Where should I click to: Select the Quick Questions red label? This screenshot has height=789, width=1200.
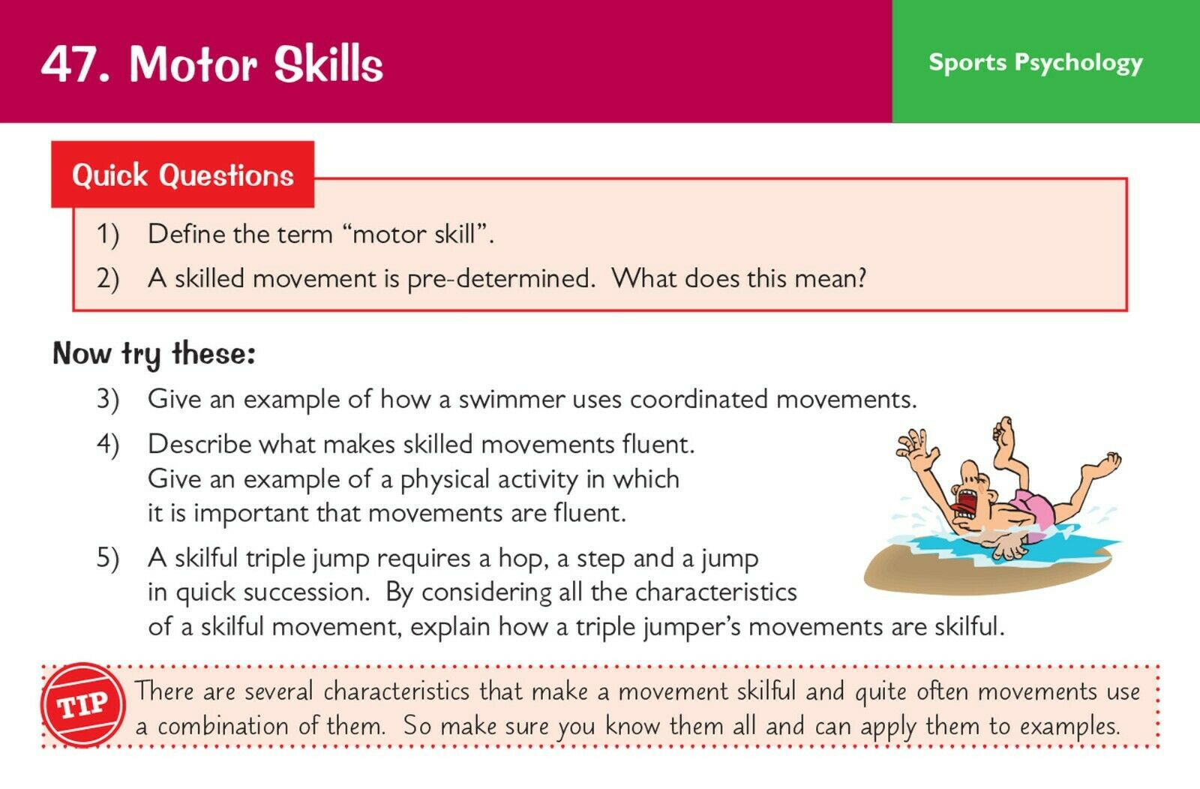pyautogui.click(x=183, y=175)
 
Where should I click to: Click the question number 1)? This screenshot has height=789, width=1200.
pyautogui.click(x=108, y=235)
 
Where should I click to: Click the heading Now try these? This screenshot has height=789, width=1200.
pyautogui.click(x=154, y=354)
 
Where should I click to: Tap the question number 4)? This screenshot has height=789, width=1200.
pyautogui.click(x=108, y=445)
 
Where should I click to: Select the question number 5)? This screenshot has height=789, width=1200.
pyautogui.click(x=108, y=558)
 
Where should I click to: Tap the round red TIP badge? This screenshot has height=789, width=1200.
pyautogui.click(x=83, y=706)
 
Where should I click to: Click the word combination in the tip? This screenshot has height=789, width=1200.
pyautogui.click(x=223, y=726)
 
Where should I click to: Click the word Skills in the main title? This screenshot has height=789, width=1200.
pyautogui.click(x=328, y=64)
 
